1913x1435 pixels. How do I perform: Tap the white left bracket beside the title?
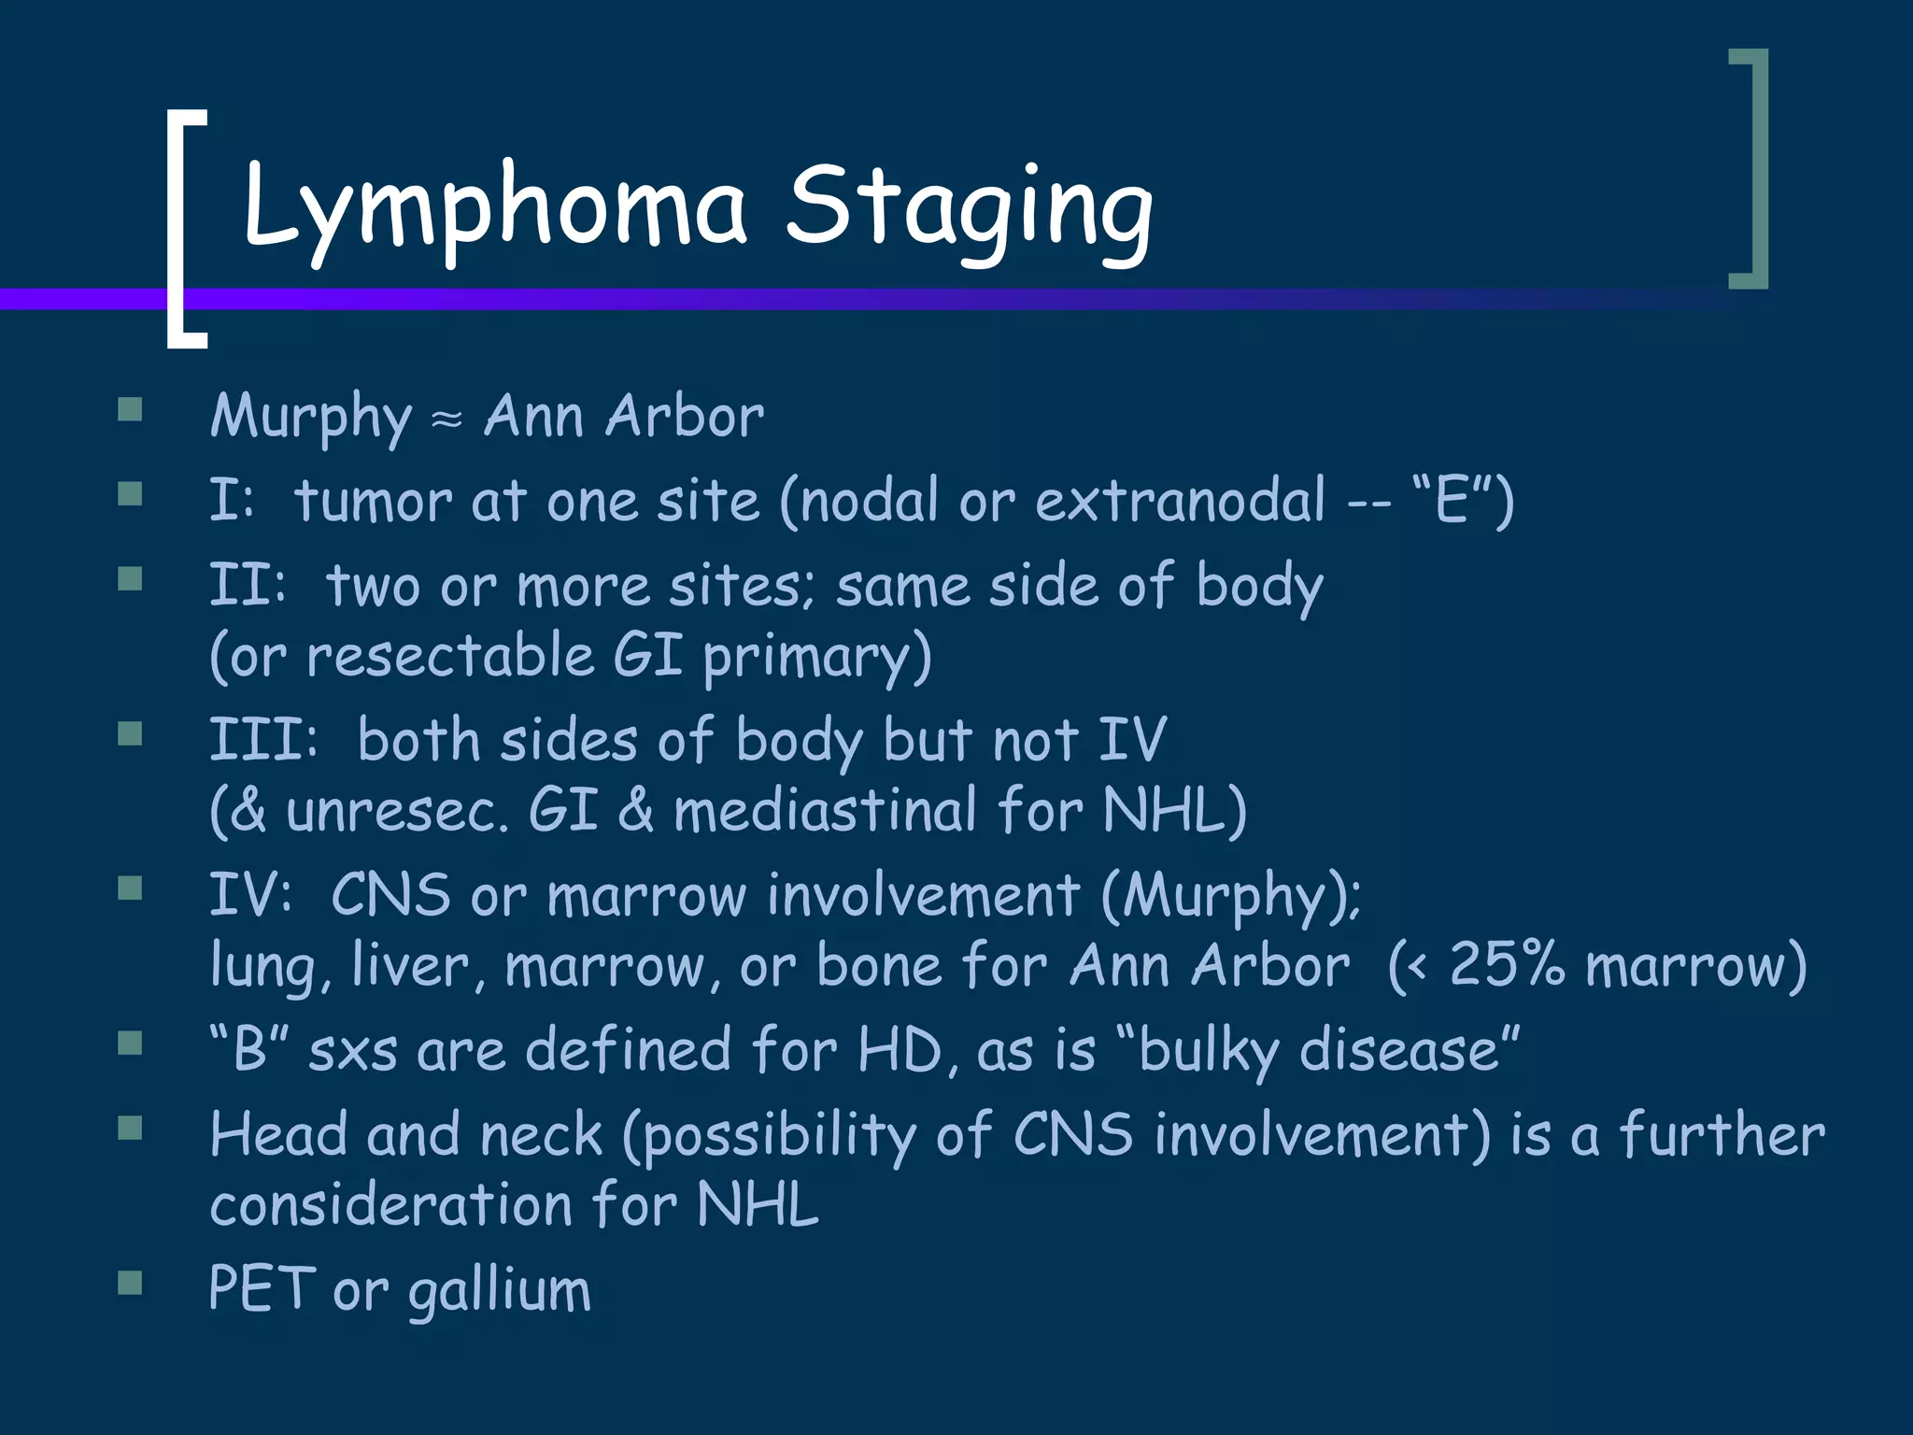[x=177, y=229]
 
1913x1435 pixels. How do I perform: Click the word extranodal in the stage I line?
[x=1179, y=501]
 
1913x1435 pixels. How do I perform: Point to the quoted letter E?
[x=1452, y=501]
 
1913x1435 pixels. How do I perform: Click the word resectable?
[x=450, y=655]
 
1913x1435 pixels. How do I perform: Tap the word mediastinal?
[x=825, y=809]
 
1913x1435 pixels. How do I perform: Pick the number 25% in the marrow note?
[x=1506, y=964]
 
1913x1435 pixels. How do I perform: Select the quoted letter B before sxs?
[x=249, y=1049]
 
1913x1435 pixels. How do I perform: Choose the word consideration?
[x=390, y=1204]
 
